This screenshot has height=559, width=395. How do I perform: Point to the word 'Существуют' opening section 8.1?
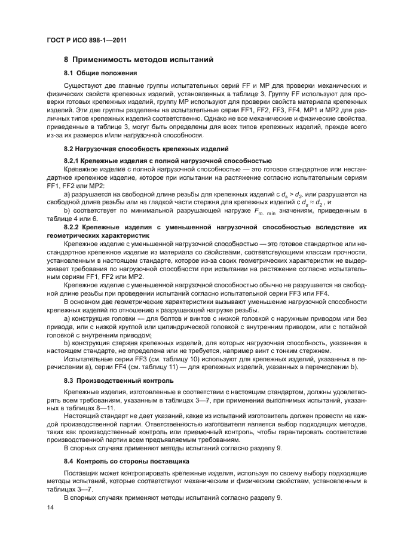pyautogui.click(x=82, y=86)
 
